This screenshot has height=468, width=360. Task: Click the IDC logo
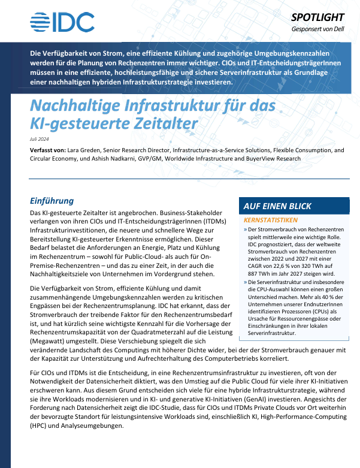(x=62, y=22)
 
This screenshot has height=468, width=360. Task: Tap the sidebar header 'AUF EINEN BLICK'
(x=277, y=206)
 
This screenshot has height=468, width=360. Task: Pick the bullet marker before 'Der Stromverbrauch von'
(x=245, y=230)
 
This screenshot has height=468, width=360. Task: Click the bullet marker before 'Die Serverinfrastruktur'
(x=245, y=282)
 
